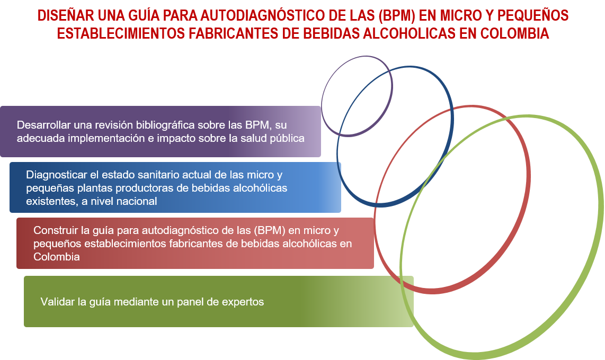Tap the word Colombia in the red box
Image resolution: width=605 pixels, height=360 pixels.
(x=57, y=257)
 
